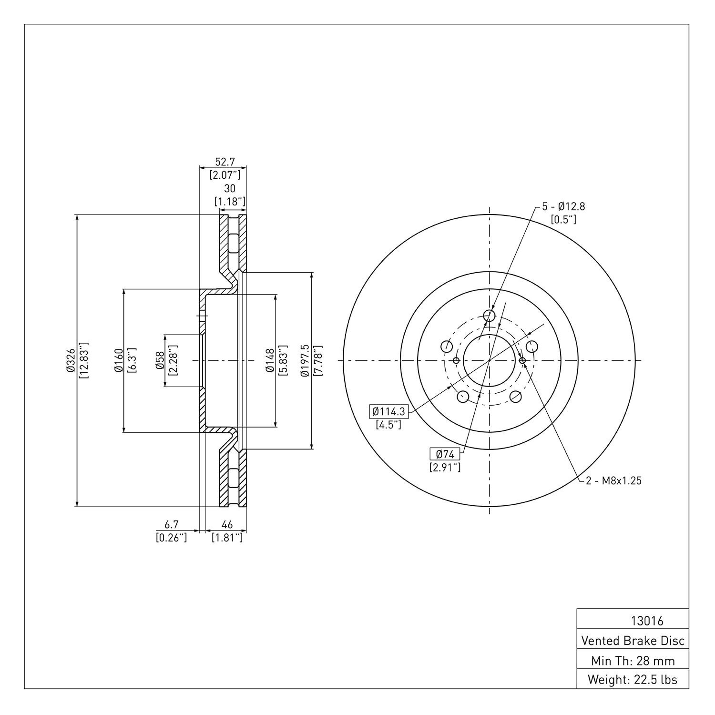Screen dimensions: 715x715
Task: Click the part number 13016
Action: (x=647, y=621)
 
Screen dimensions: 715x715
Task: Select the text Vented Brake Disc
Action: (x=633, y=641)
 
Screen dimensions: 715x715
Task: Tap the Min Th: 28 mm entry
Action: (x=633, y=661)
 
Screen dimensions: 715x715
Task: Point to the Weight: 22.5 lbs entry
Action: (x=633, y=680)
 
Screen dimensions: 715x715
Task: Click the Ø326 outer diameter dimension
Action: (x=70, y=360)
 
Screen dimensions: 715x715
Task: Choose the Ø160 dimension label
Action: (x=119, y=360)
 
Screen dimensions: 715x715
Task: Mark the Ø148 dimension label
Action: (x=270, y=360)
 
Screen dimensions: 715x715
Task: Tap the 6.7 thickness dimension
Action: (x=171, y=524)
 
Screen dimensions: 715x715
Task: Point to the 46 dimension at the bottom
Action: (x=227, y=524)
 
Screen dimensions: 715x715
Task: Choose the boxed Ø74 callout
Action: (x=445, y=454)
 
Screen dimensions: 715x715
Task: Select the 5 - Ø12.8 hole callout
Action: (x=564, y=206)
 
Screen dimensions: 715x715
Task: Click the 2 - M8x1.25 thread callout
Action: (x=614, y=480)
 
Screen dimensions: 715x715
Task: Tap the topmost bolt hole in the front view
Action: (x=490, y=315)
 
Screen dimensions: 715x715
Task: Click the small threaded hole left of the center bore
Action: (x=456, y=360)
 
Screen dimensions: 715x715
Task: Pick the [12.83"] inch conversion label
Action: (x=83, y=360)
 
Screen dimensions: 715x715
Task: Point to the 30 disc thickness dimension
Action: (x=230, y=189)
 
